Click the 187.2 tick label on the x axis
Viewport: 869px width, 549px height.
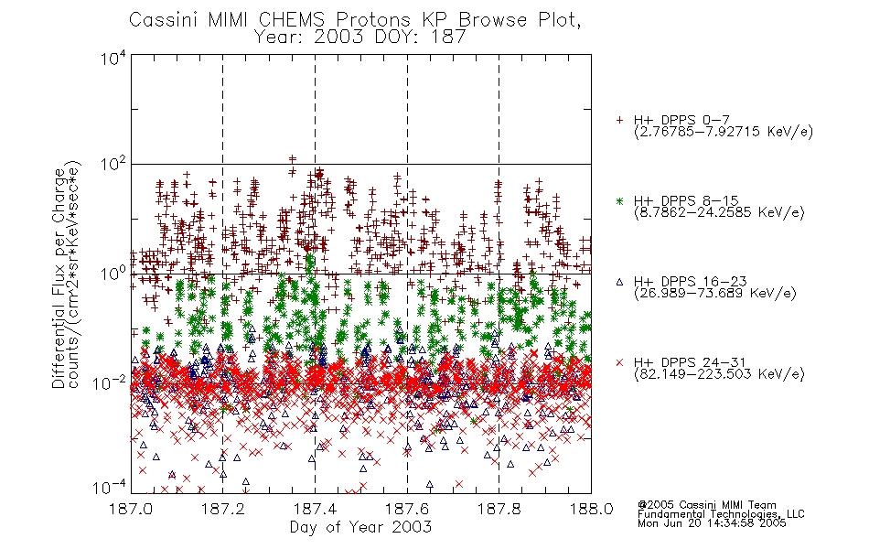pyautogui.click(x=223, y=508)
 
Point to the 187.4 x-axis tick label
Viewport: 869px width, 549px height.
pyautogui.click(x=315, y=508)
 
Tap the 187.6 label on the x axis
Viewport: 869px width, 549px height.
pyautogui.click(x=407, y=508)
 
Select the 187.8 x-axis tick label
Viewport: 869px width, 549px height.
pyautogui.click(x=499, y=508)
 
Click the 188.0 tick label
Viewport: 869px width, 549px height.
pyautogui.click(x=591, y=508)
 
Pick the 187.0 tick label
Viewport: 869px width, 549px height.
pyautogui.click(x=131, y=508)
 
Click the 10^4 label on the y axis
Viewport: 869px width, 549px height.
pyautogui.click(x=113, y=58)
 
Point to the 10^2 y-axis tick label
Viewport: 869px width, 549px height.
pyautogui.click(x=113, y=166)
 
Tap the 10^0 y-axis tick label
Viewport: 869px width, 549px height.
pyautogui.click(x=113, y=274)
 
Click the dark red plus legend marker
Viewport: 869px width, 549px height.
pyautogui.click(x=619, y=120)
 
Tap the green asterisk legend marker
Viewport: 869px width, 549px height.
pyautogui.click(x=619, y=201)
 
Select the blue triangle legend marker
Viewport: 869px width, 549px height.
pyautogui.click(x=619, y=282)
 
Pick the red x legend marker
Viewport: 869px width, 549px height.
pyautogui.click(x=619, y=362)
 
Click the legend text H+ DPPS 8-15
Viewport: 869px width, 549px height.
pyautogui.click(x=686, y=200)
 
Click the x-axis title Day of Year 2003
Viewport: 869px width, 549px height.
pyautogui.click(x=360, y=527)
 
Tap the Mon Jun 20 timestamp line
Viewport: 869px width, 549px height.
pyautogui.click(x=712, y=523)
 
